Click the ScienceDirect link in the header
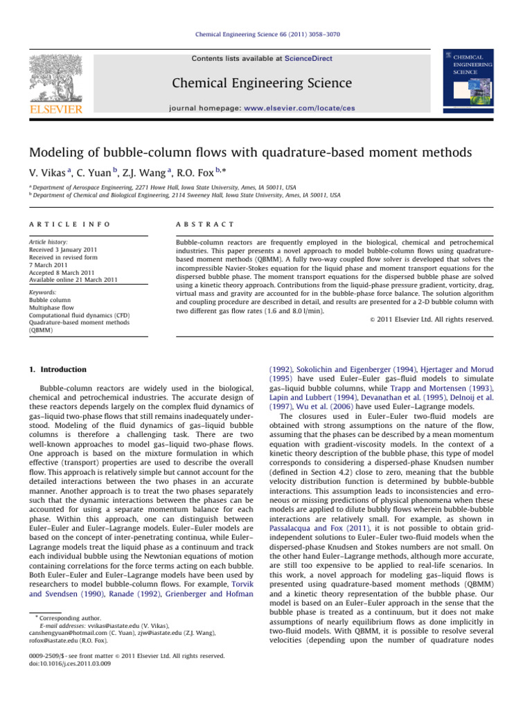click(x=308, y=60)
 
